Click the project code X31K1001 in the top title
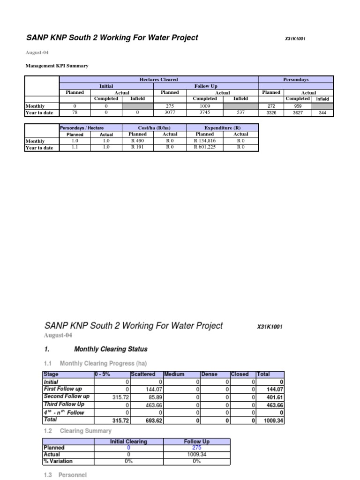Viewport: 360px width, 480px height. coord(295,39)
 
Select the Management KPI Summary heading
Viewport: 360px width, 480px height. coord(56,66)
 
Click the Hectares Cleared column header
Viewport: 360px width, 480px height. coord(159,80)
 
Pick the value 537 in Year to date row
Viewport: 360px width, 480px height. coord(240,112)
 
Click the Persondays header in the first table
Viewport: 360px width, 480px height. coord(296,80)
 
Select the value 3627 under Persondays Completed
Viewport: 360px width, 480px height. coord(298,112)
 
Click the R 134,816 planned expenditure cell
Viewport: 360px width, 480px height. coord(205,141)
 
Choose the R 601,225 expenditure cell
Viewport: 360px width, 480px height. coord(205,148)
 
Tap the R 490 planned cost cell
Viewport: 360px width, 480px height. coord(137,141)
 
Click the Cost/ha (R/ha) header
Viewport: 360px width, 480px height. coord(154,127)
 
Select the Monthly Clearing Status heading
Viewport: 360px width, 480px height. coord(111,349)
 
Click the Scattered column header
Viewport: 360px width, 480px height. coord(143,374)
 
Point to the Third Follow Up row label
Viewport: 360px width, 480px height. coord(64,404)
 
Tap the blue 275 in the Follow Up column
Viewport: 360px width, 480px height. coord(196,448)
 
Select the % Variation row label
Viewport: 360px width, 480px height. coord(58,461)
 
